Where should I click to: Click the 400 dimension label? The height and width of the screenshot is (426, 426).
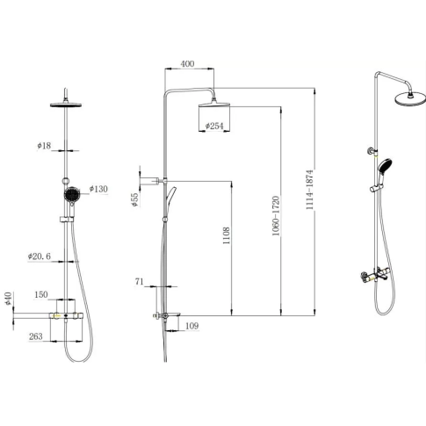click(x=187, y=64)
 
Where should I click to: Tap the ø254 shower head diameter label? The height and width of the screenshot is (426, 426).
click(x=214, y=126)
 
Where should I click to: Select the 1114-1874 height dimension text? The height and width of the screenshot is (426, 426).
click(x=310, y=190)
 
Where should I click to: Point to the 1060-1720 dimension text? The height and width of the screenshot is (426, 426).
click(x=276, y=216)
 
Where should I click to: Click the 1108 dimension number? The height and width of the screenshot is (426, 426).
click(x=227, y=235)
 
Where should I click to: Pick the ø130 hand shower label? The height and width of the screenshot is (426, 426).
click(x=98, y=189)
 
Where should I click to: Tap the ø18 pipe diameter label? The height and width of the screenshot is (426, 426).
click(x=44, y=146)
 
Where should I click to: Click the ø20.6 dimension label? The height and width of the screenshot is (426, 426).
click(x=40, y=256)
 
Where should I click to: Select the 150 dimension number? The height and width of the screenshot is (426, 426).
click(x=41, y=294)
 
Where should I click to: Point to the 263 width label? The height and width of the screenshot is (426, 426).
click(x=36, y=336)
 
